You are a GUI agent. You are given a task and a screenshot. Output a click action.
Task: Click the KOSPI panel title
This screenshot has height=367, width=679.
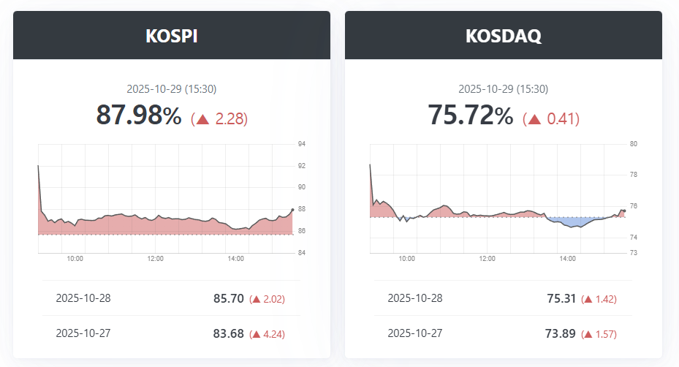click(x=172, y=37)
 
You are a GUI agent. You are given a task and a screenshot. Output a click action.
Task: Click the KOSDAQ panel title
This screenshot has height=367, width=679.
click(x=504, y=37)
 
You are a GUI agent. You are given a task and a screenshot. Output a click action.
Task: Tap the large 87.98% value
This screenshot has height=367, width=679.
click(x=139, y=116)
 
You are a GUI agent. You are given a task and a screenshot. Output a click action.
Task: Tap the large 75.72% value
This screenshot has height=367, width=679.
click(x=470, y=116)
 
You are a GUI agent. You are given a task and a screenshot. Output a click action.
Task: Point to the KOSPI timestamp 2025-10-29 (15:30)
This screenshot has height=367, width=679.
click(x=172, y=89)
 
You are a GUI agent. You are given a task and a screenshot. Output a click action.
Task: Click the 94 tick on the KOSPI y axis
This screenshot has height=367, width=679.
click(x=302, y=144)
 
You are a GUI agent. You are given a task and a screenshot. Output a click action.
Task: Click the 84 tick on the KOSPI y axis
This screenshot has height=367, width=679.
click(x=302, y=253)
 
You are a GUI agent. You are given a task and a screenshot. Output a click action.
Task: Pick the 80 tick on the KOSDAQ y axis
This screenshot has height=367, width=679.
click(x=634, y=144)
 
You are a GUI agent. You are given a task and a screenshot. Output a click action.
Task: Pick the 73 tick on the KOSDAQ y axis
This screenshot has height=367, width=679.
click(x=634, y=253)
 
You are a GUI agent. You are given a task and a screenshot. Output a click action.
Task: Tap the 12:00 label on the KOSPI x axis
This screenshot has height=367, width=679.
click(x=155, y=258)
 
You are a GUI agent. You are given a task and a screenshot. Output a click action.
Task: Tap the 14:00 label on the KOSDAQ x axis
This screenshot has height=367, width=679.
click(x=567, y=258)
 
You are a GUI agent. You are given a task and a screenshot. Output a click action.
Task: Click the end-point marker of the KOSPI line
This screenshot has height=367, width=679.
click(x=292, y=210)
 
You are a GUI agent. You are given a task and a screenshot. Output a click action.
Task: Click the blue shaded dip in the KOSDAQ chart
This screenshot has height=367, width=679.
click(x=574, y=222)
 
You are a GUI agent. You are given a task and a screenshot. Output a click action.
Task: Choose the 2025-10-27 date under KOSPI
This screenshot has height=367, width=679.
click(x=83, y=333)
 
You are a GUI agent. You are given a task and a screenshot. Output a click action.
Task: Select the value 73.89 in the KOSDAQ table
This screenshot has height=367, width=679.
click(x=560, y=333)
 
